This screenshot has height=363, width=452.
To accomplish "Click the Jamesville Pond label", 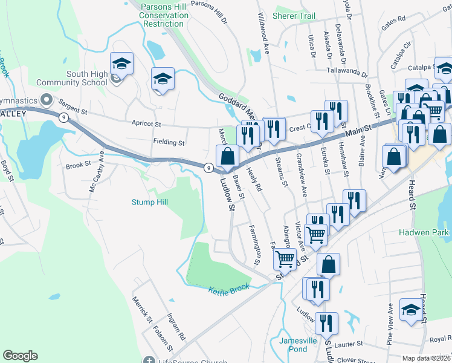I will [298, 345].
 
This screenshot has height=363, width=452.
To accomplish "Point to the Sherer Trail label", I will [294, 16].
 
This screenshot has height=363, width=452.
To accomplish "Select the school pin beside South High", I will [121, 64].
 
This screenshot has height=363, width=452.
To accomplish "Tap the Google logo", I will [20, 356].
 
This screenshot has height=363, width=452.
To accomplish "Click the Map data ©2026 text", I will [427, 358].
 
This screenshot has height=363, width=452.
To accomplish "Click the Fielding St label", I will [169, 143].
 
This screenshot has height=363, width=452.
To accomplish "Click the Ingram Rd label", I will [177, 327].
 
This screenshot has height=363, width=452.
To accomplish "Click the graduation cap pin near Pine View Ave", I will [411, 311].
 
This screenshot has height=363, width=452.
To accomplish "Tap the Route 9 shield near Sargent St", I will [63, 119].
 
